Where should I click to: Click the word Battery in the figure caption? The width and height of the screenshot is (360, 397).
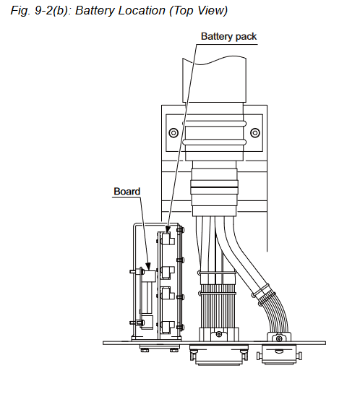(95, 11)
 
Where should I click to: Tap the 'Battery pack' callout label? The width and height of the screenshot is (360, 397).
(229, 36)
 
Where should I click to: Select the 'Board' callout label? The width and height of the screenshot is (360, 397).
(127, 192)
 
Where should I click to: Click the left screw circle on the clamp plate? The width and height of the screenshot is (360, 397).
(173, 132)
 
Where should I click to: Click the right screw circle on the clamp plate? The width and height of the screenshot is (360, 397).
(255, 132)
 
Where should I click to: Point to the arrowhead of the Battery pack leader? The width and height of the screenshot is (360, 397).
(168, 229)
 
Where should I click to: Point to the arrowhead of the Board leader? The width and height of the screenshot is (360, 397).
(148, 265)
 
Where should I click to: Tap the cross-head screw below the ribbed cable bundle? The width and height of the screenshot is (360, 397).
(219, 335)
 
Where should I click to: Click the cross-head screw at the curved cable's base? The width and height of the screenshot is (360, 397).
(279, 338)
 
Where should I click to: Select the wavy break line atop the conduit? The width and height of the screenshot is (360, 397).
(214, 61)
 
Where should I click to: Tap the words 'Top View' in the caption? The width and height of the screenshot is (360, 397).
(199, 11)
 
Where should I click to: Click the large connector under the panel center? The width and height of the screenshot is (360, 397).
(219, 354)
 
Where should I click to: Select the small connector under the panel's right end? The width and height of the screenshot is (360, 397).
(279, 354)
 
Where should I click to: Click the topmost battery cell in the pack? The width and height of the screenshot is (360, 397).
(168, 239)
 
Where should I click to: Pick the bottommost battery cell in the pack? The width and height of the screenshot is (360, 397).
(168, 328)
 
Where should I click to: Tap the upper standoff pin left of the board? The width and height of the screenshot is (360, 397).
(137, 272)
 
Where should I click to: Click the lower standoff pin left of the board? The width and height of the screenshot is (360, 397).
(137, 323)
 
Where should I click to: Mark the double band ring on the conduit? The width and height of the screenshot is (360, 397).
(214, 187)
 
